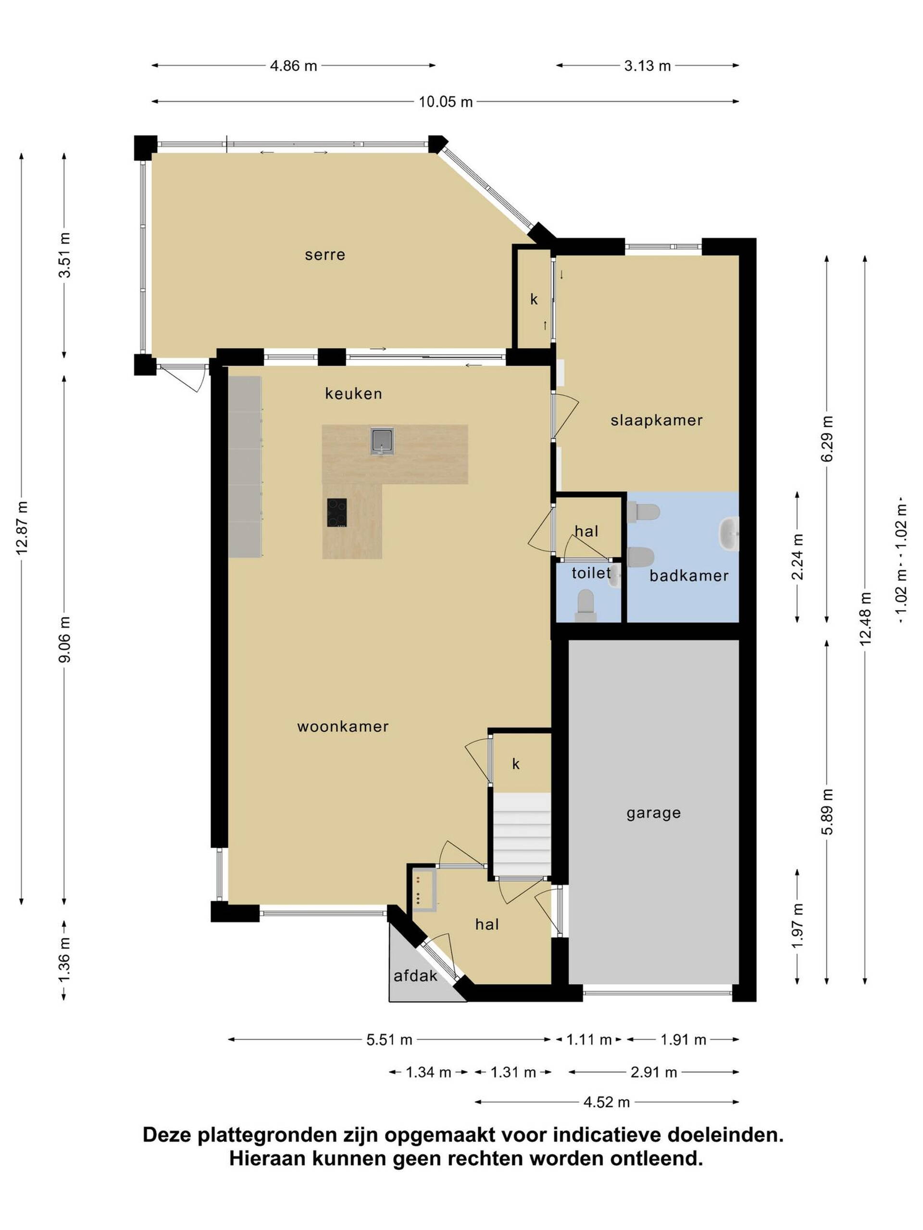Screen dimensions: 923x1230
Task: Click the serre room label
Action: click(x=325, y=255)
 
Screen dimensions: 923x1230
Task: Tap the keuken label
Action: click(x=354, y=394)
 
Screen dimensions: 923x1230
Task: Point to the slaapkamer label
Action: click(x=657, y=420)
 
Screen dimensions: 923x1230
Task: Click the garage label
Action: click(x=654, y=813)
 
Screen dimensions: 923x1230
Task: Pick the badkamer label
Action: click(x=689, y=576)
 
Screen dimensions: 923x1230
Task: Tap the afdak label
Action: click(x=415, y=976)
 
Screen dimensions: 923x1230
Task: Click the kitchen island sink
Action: click(x=382, y=441)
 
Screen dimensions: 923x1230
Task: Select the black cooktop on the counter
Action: click(x=337, y=512)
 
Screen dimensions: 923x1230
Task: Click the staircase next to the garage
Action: click(x=522, y=835)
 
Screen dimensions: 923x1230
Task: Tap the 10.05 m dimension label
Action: click(x=446, y=102)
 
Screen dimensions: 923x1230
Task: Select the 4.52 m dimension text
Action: click(x=606, y=1102)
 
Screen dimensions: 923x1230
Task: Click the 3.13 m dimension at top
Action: click(x=648, y=66)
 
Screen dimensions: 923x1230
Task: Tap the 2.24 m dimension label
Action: click(x=798, y=556)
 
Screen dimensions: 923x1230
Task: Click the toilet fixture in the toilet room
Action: click(x=586, y=605)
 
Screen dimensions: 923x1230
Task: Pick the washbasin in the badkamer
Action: click(x=729, y=533)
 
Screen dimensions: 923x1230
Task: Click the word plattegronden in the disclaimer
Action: click(x=268, y=1135)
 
